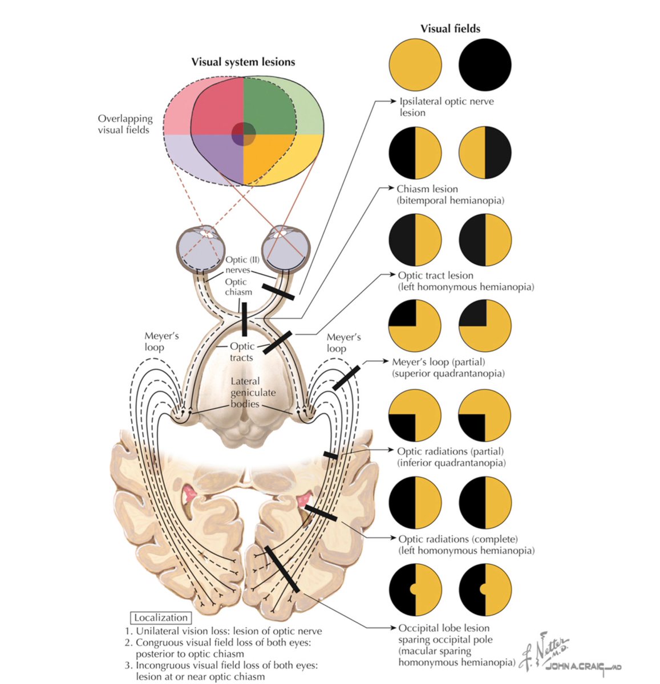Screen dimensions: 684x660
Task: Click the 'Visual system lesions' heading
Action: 243,62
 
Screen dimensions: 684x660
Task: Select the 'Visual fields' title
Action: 450,28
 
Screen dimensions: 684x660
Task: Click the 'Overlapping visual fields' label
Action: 125,124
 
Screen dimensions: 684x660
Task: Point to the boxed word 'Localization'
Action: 160,617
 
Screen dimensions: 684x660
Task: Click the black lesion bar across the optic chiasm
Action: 244,319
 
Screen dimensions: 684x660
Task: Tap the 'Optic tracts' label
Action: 241,352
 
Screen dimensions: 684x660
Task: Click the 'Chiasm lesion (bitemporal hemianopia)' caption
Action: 450,194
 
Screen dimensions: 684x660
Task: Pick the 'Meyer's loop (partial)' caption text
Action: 438,362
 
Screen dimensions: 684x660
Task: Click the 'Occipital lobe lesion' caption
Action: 444,628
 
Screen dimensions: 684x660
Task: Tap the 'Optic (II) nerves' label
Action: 237,264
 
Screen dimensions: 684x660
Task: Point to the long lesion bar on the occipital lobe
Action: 282,568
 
